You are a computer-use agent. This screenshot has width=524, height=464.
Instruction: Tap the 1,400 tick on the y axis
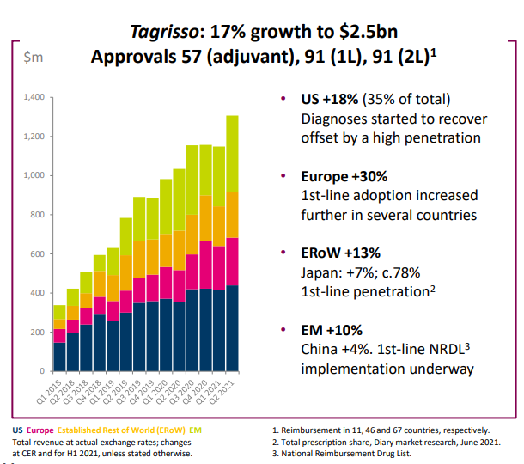tap(33, 97)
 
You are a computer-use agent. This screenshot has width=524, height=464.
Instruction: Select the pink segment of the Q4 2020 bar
tap(205, 265)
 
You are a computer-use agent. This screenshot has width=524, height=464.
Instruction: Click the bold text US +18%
tap(329, 100)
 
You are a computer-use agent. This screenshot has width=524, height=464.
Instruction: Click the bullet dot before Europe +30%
tap(284, 176)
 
